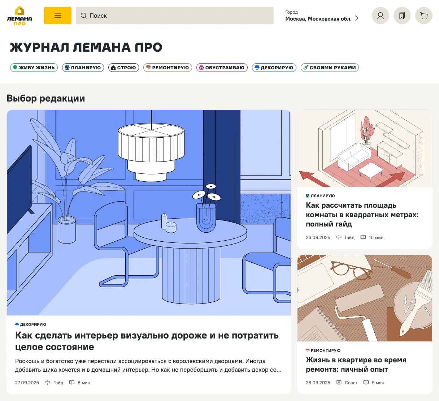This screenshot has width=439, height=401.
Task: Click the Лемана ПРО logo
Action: coord(19,16)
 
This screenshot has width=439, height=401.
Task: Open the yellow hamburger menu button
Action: coord(58,16)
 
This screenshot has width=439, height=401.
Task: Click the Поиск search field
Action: coord(174,16)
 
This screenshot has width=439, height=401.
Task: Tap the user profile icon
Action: coord(380,16)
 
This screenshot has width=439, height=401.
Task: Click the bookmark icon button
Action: coord(402,16)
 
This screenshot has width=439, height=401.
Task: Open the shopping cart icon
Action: coord(424,16)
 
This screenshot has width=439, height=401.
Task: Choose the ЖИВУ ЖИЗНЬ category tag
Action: coord(34,68)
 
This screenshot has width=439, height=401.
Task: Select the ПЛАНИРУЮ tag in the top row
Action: coord(83,68)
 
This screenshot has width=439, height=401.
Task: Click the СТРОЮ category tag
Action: coord(123,68)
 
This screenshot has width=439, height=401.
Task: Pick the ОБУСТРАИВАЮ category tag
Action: coord(222,68)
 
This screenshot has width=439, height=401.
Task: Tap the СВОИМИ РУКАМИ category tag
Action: coord(330,68)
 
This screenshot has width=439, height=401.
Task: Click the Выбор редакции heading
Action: coord(46,98)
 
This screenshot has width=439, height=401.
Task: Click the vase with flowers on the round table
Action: coord(206,213)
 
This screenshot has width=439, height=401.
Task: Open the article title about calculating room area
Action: coord(362,215)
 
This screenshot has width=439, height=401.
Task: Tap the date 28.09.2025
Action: coord(318,383)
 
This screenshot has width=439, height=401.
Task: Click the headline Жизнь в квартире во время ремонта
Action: coord(356,365)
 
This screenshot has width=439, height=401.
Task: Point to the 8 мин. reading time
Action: coord(84,383)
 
